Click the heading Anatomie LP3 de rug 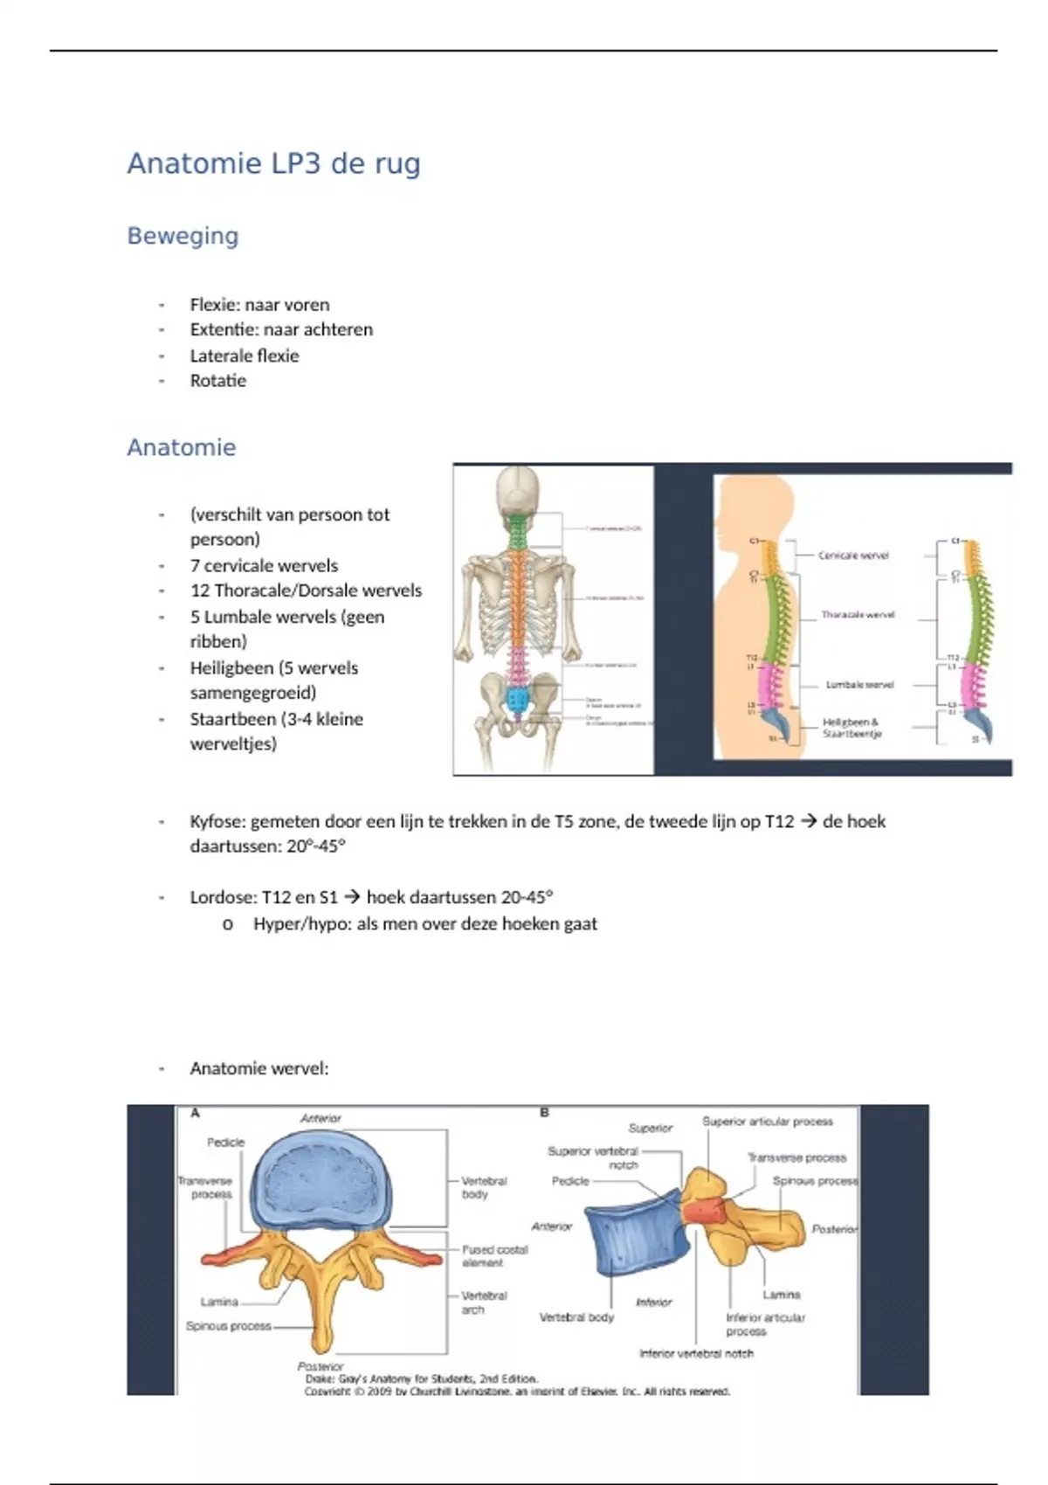click(x=273, y=163)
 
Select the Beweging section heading click(x=183, y=236)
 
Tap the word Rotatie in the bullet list click(x=218, y=381)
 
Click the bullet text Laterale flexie click(x=245, y=356)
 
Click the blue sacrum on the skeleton click(x=519, y=698)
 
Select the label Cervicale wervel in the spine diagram click(x=853, y=556)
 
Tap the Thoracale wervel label click(x=858, y=615)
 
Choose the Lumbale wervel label click(x=859, y=685)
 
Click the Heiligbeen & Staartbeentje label click(x=851, y=729)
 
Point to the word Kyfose click(x=218, y=822)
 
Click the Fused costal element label click(x=494, y=1256)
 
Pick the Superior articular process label click(x=767, y=1122)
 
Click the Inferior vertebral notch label click(x=696, y=1354)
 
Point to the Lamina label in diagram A click(x=219, y=1302)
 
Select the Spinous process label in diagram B click(x=815, y=1181)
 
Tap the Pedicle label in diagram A click(x=225, y=1143)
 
